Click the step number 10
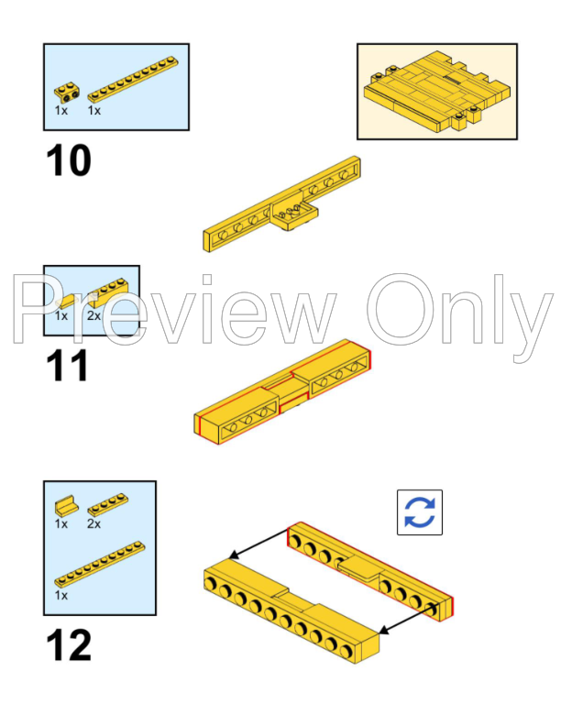[x=69, y=160]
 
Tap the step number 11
[x=67, y=366]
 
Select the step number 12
[x=69, y=645]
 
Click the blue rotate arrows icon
[x=419, y=512]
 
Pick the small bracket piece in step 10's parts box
[x=67, y=92]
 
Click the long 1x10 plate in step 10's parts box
[x=133, y=79]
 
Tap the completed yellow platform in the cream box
[x=437, y=91]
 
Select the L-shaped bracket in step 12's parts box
[x=66, y=506]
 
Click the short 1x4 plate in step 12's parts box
[x=108, y=505]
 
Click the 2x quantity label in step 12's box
[x=93, y=524]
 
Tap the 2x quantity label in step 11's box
[x=93, y=315]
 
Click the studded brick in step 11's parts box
[x=109, y=292]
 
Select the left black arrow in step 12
[x=259, y=544]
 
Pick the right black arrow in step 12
[x=409, y=618]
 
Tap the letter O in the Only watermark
[x=401, y=309]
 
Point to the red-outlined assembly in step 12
[x=370, y=571]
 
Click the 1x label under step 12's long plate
[x=61, y=596]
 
